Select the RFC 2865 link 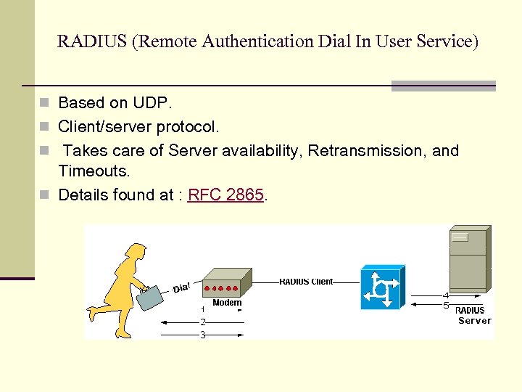click(225, 195)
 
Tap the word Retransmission click(368, 151)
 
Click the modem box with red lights click(225, 284)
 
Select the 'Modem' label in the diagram click(227, 303)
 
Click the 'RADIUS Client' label click(306, 282)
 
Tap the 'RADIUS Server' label click(473, 316)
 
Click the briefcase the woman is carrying click(151, 297)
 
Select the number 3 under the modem click(203, 335)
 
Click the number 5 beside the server click(446, 306)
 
